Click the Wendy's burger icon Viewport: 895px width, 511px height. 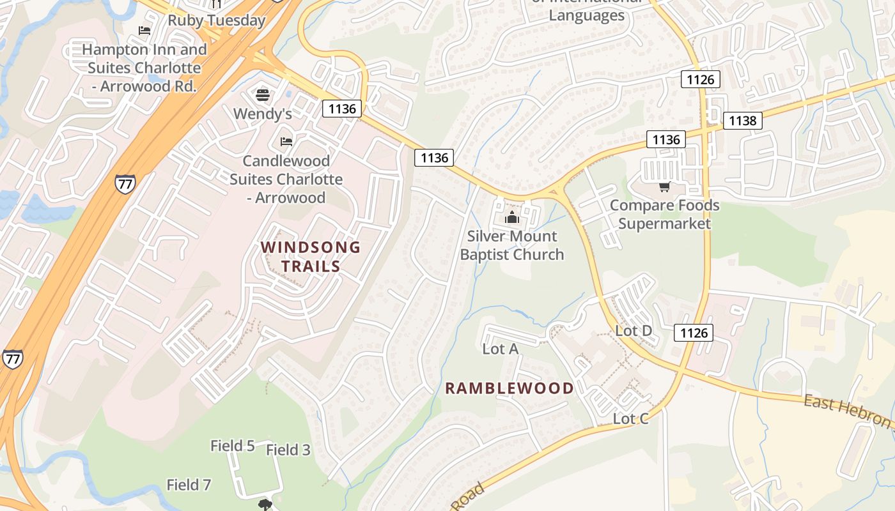click(262, 96)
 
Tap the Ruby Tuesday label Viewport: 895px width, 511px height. click(216, 20)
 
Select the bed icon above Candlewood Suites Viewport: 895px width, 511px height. click(286, 141)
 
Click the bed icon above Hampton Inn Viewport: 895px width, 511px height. click(144, 31)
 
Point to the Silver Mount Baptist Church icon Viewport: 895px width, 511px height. click(511, 218)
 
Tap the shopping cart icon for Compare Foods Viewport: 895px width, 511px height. click(664, 187)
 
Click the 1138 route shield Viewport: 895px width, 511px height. click(742, 120)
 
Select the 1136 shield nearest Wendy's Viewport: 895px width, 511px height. click(342, 109)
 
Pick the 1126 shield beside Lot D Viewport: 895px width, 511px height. click(694, 332)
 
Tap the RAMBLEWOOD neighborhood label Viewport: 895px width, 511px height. click(509, 388)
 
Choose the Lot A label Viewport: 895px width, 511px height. click(500, 349)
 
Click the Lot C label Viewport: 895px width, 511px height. click(630, 419)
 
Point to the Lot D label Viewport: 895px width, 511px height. click(633, 331)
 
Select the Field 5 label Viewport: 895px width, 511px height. click(233, 446)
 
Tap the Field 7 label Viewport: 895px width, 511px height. click(189, 485)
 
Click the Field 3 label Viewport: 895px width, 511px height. click(288, 450)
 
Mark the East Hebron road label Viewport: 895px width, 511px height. click(847, 411)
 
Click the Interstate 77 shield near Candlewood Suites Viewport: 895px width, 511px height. click(125, 183)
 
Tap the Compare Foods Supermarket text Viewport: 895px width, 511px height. click(664, 215)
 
